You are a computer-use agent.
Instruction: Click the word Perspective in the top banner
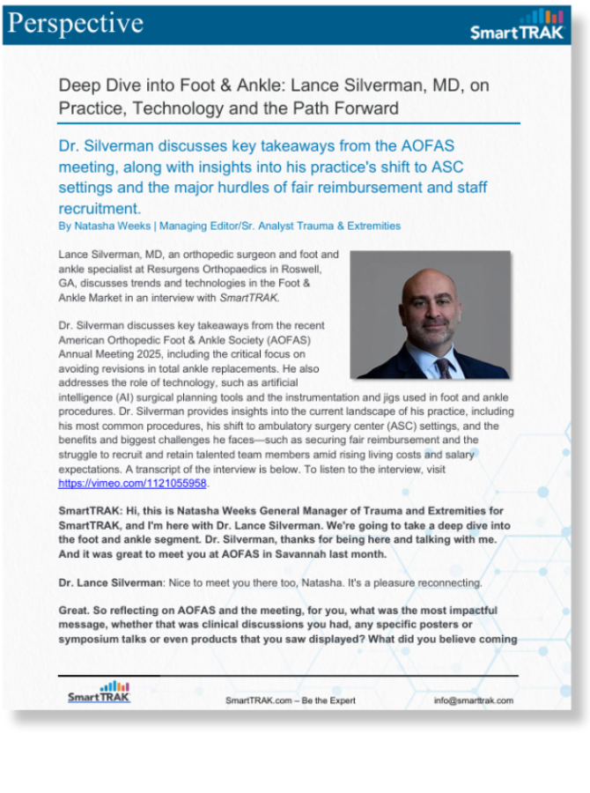tap(74, 23)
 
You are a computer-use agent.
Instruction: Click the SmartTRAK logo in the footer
tap(99, 692)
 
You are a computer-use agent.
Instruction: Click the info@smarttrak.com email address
tap(473, 701)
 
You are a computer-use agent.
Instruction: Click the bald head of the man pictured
tap(431, 280)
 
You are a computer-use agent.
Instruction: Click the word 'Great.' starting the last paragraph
tap(77, 611)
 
